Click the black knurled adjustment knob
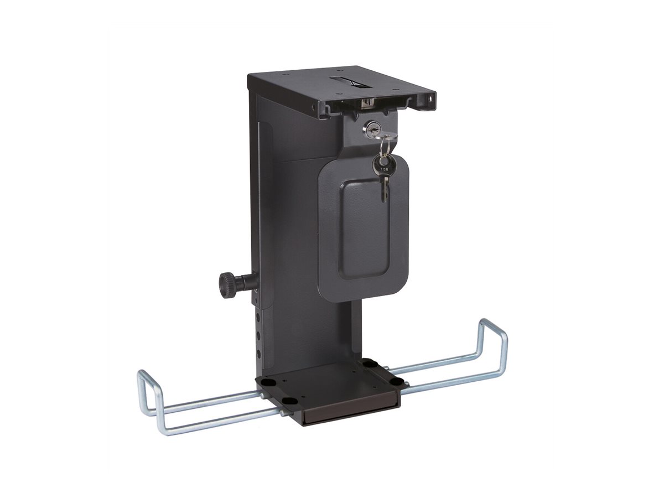[227, 286]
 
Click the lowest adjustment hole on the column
[259, 350]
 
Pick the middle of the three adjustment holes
[258, 334]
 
